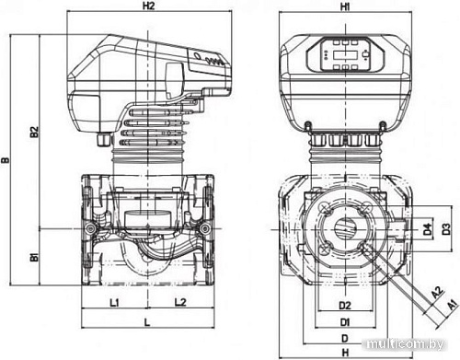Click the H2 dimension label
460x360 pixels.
pos(148,6)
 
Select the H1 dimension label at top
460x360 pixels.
pos(345,6)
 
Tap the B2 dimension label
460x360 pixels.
pos(35,132)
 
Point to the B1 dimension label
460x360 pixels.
pos(35,257)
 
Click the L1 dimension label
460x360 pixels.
pos(114,303)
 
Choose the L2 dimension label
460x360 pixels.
pos(180,302)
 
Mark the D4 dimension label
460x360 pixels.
pos(427,229)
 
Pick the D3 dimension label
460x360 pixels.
pos(446,228)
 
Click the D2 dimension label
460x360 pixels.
pos(345,306)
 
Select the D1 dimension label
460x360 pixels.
pos(345,322)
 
